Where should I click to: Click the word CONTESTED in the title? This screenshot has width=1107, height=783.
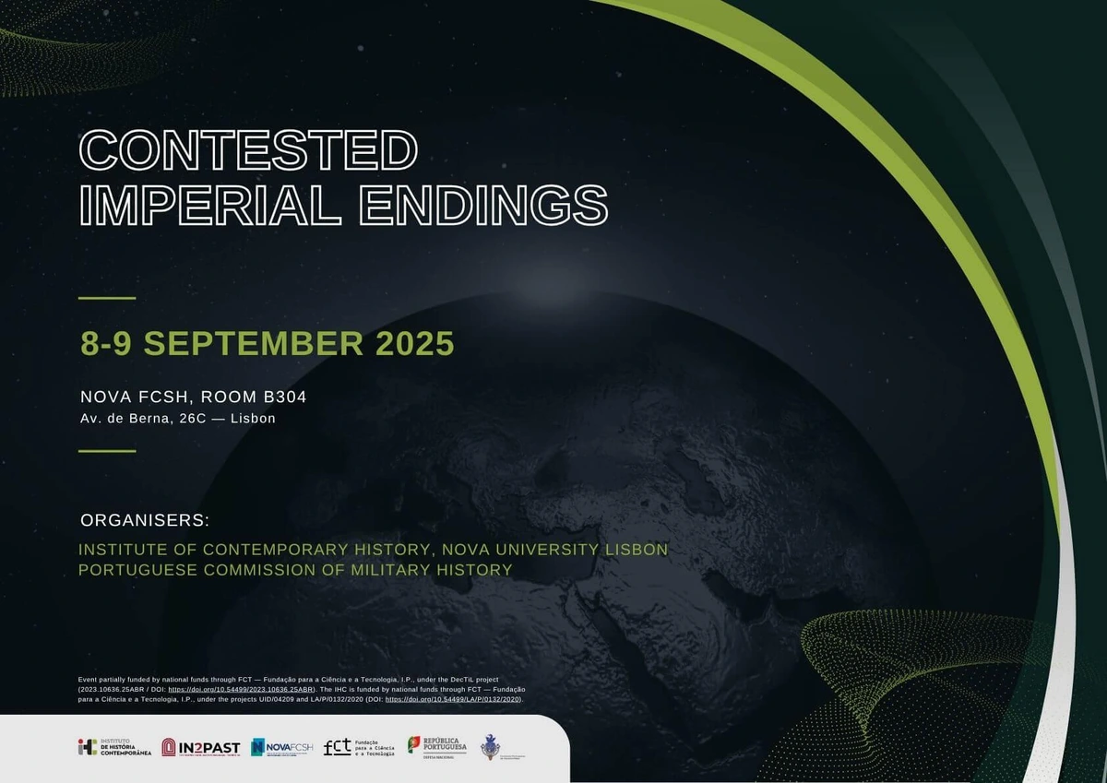[x=249, y=149]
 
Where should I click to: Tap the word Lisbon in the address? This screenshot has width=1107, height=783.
[x=252, y=419]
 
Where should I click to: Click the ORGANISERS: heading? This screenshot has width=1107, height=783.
[x=145, y=520]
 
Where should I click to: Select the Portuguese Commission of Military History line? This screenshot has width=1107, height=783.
[x=295, y=570]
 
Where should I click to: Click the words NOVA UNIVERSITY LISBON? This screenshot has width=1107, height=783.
[x=554, y=550]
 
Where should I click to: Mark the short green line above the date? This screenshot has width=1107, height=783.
[x=107, y=298]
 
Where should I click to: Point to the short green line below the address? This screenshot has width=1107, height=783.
[x=107, y=451]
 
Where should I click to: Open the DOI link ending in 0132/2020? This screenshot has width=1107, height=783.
[x=453, y=700]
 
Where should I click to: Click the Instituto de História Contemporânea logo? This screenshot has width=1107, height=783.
[x=114, y=747]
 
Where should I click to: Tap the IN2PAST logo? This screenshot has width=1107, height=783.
[x=200, y=747]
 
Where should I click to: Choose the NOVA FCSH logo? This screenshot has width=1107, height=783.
[x=282, y=747]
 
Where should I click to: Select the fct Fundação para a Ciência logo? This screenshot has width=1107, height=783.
[x=360, y=747]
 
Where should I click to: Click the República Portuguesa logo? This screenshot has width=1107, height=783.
[x=438, y=747]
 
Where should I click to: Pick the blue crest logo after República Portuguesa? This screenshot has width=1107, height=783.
[x=493, y=747]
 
